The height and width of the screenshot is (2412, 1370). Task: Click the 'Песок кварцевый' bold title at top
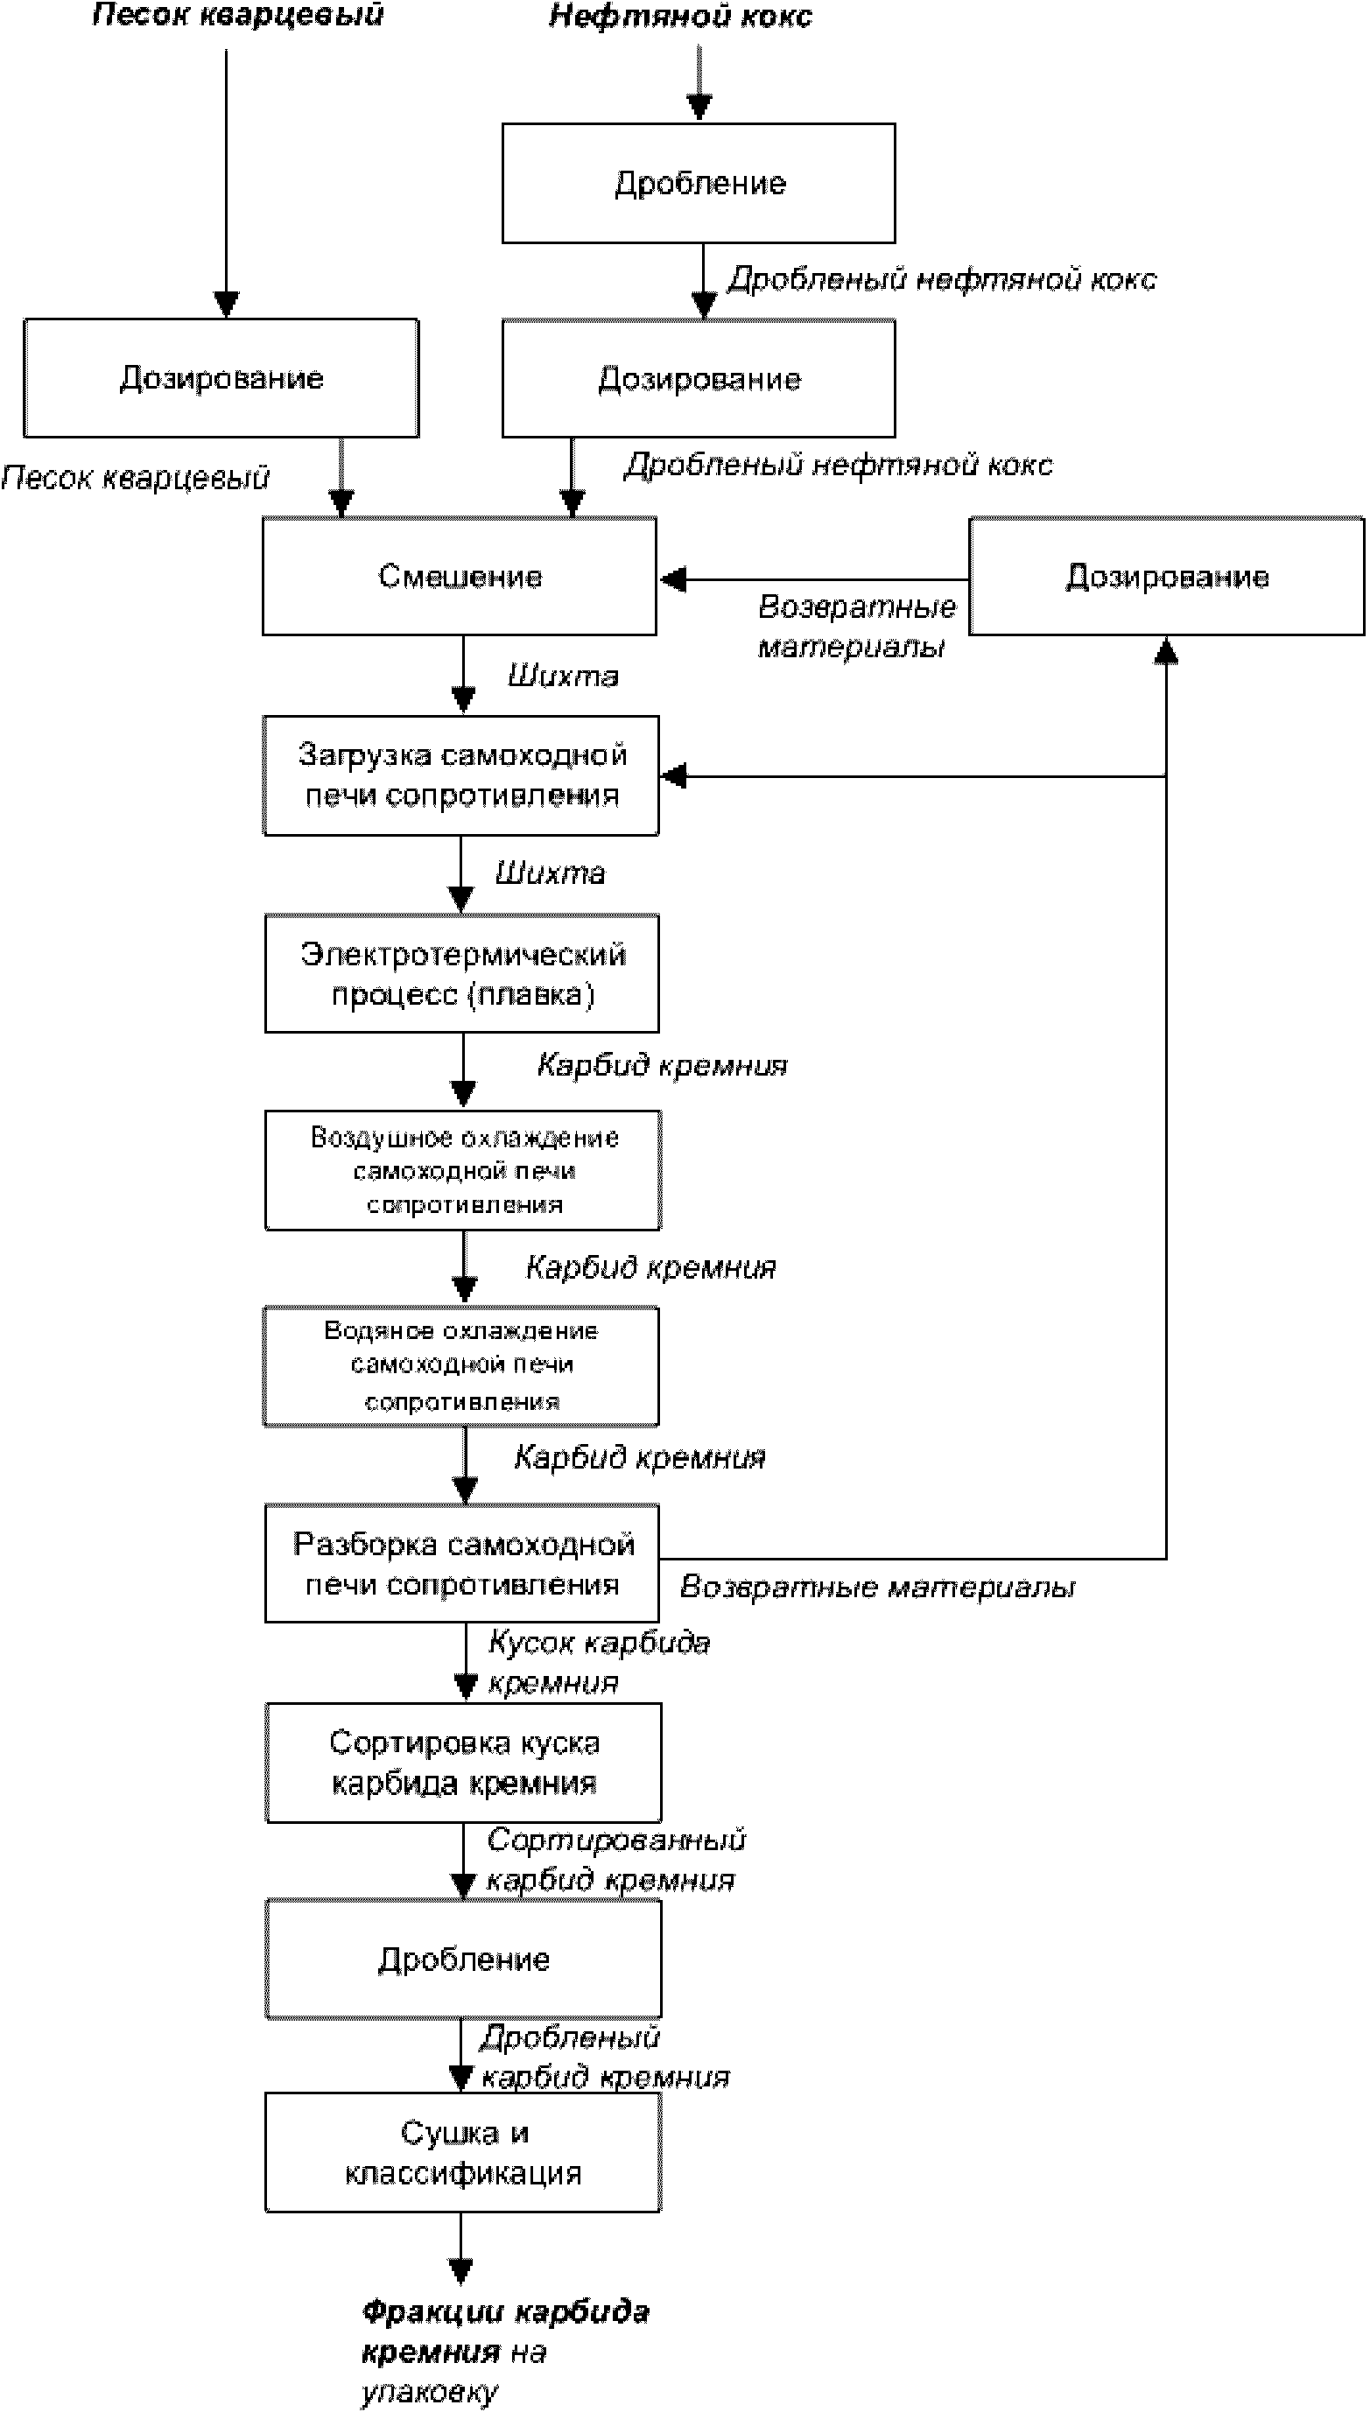point(238,15)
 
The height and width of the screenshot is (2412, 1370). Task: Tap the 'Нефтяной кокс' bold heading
point(679,16)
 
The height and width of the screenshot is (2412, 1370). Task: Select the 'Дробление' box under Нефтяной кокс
point(699,183)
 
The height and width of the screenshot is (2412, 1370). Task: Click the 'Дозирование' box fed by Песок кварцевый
point(221,378)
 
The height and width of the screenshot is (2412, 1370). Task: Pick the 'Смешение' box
point(460,576)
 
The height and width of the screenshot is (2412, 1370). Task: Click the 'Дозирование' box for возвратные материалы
point(1166,576)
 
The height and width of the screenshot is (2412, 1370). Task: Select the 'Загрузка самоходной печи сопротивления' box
point(461,775)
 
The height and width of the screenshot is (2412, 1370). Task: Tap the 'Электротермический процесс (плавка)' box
point(462,974)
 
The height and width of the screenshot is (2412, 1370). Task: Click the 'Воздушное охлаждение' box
point(463,1170)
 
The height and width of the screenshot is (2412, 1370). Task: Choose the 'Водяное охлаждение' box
point(461,1366)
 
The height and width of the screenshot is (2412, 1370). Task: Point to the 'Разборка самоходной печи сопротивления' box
point(462,1563)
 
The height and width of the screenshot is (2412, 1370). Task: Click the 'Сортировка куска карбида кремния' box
point(463,1762)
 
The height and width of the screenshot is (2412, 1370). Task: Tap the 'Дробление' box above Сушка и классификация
point(463,1960)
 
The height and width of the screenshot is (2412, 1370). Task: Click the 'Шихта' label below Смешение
point(563,677)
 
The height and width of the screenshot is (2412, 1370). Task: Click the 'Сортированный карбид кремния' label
point(614,1859)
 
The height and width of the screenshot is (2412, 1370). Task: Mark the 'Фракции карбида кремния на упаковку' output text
point(504,2350)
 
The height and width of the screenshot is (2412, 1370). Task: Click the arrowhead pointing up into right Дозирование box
point(1166,650)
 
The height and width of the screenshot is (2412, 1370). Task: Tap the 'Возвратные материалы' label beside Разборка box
point(877,1588)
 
